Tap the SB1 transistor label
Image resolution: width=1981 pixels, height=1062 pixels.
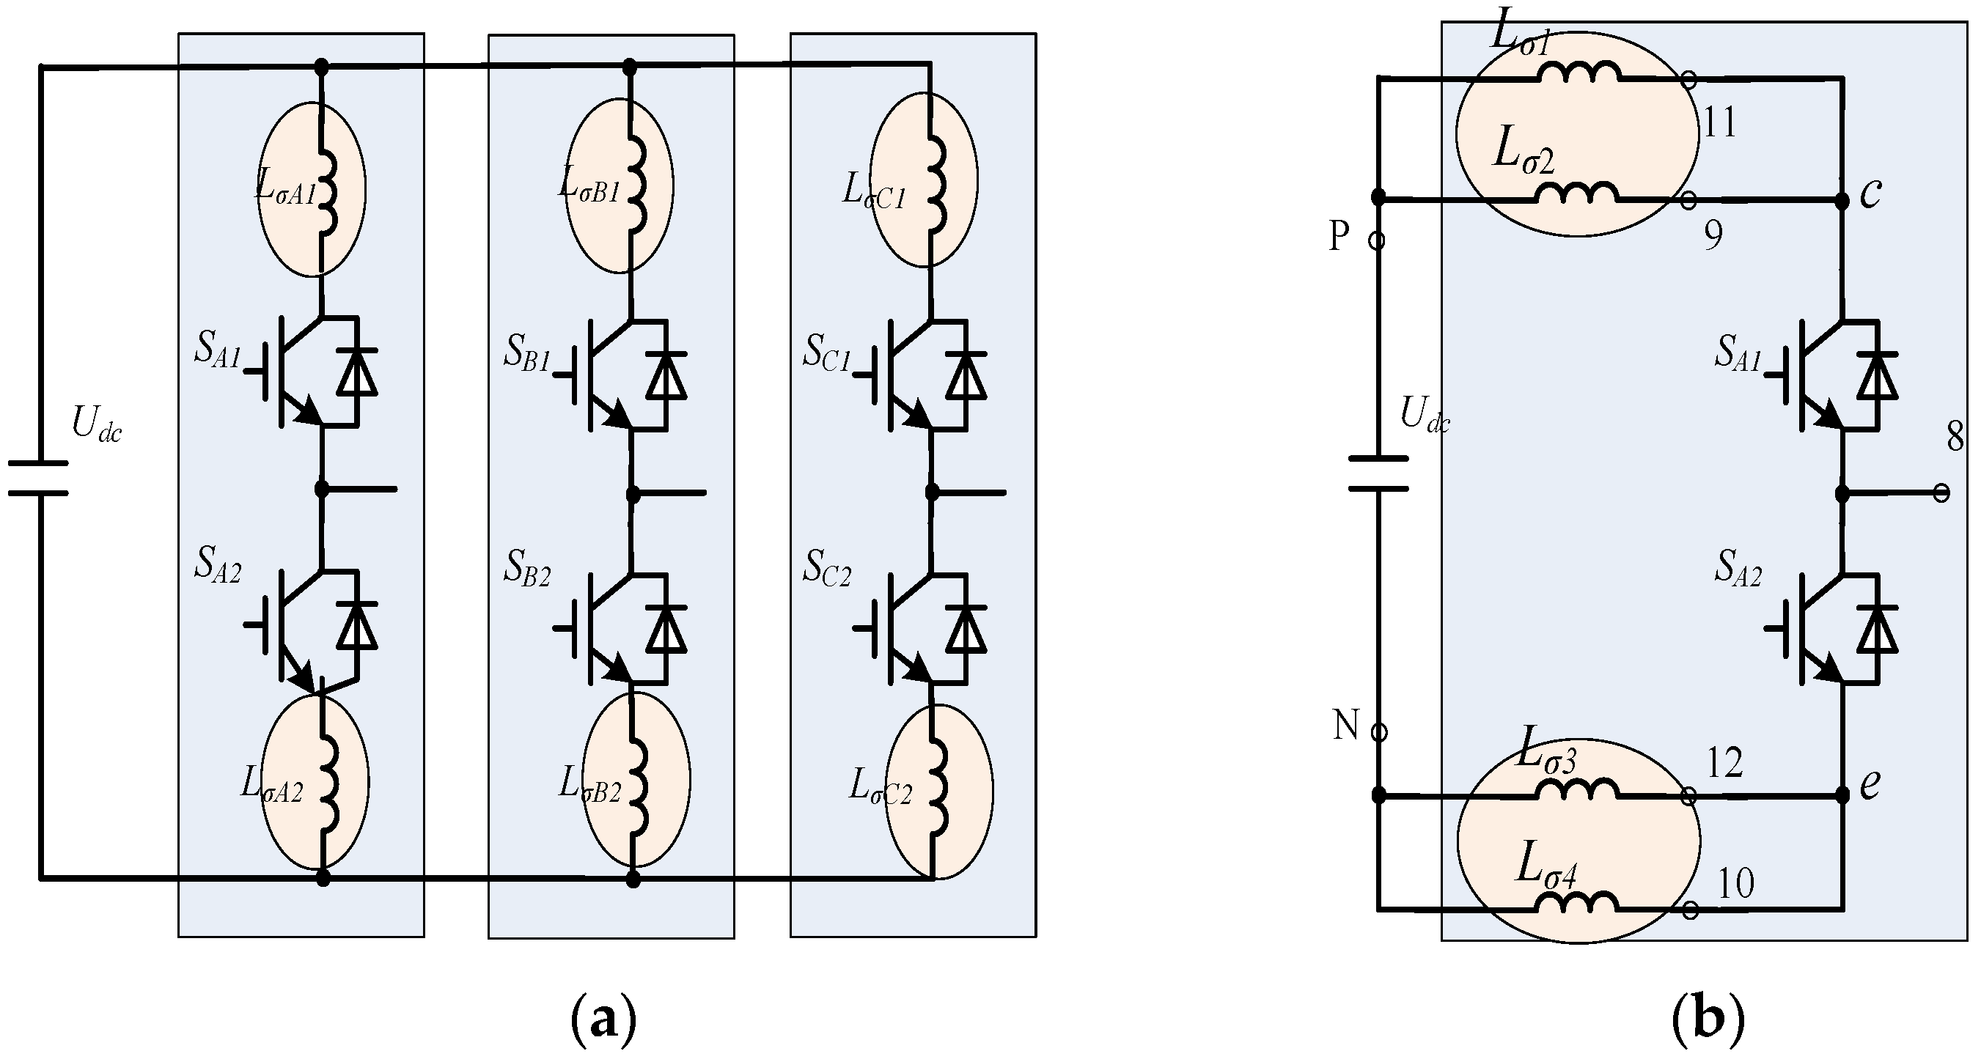[528, 354]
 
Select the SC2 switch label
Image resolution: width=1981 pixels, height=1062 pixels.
[828, 569]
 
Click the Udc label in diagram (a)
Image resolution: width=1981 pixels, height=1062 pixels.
[96, 423]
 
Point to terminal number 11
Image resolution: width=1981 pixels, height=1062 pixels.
[1720, 122]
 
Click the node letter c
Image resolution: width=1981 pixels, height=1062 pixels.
[1870, 193]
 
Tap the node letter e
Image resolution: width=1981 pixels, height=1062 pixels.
[1870, 784]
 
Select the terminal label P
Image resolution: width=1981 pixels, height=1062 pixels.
[1339, 236]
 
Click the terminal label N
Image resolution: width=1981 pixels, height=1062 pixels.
[1346, 725]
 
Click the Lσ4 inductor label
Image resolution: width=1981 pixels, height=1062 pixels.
[1546, 865]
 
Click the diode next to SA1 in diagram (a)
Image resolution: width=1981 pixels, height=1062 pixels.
[357, 373]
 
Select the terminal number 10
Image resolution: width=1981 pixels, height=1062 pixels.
[1735, 885]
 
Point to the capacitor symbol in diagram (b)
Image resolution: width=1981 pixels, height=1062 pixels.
[1379, 473]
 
